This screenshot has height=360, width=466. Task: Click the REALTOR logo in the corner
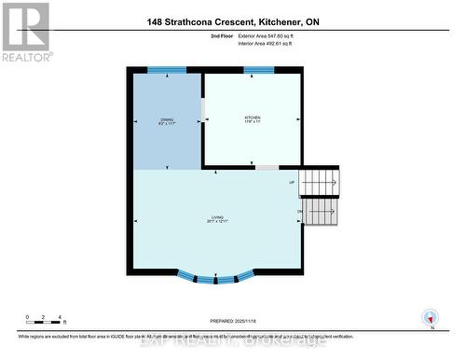[25, 30]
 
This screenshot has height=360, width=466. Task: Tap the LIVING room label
[216, 219]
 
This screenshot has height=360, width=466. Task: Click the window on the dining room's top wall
[167, 70]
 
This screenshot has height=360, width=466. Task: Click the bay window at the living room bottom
[216, 276]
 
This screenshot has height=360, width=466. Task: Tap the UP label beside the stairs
[292, 182]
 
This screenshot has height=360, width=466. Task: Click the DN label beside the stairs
[299, 212]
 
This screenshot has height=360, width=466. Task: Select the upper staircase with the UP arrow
[322, 183]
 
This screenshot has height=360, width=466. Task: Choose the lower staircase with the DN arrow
[322, 213]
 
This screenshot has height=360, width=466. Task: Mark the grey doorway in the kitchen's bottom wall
[267, 168]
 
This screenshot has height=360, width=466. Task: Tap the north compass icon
[431, 317]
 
